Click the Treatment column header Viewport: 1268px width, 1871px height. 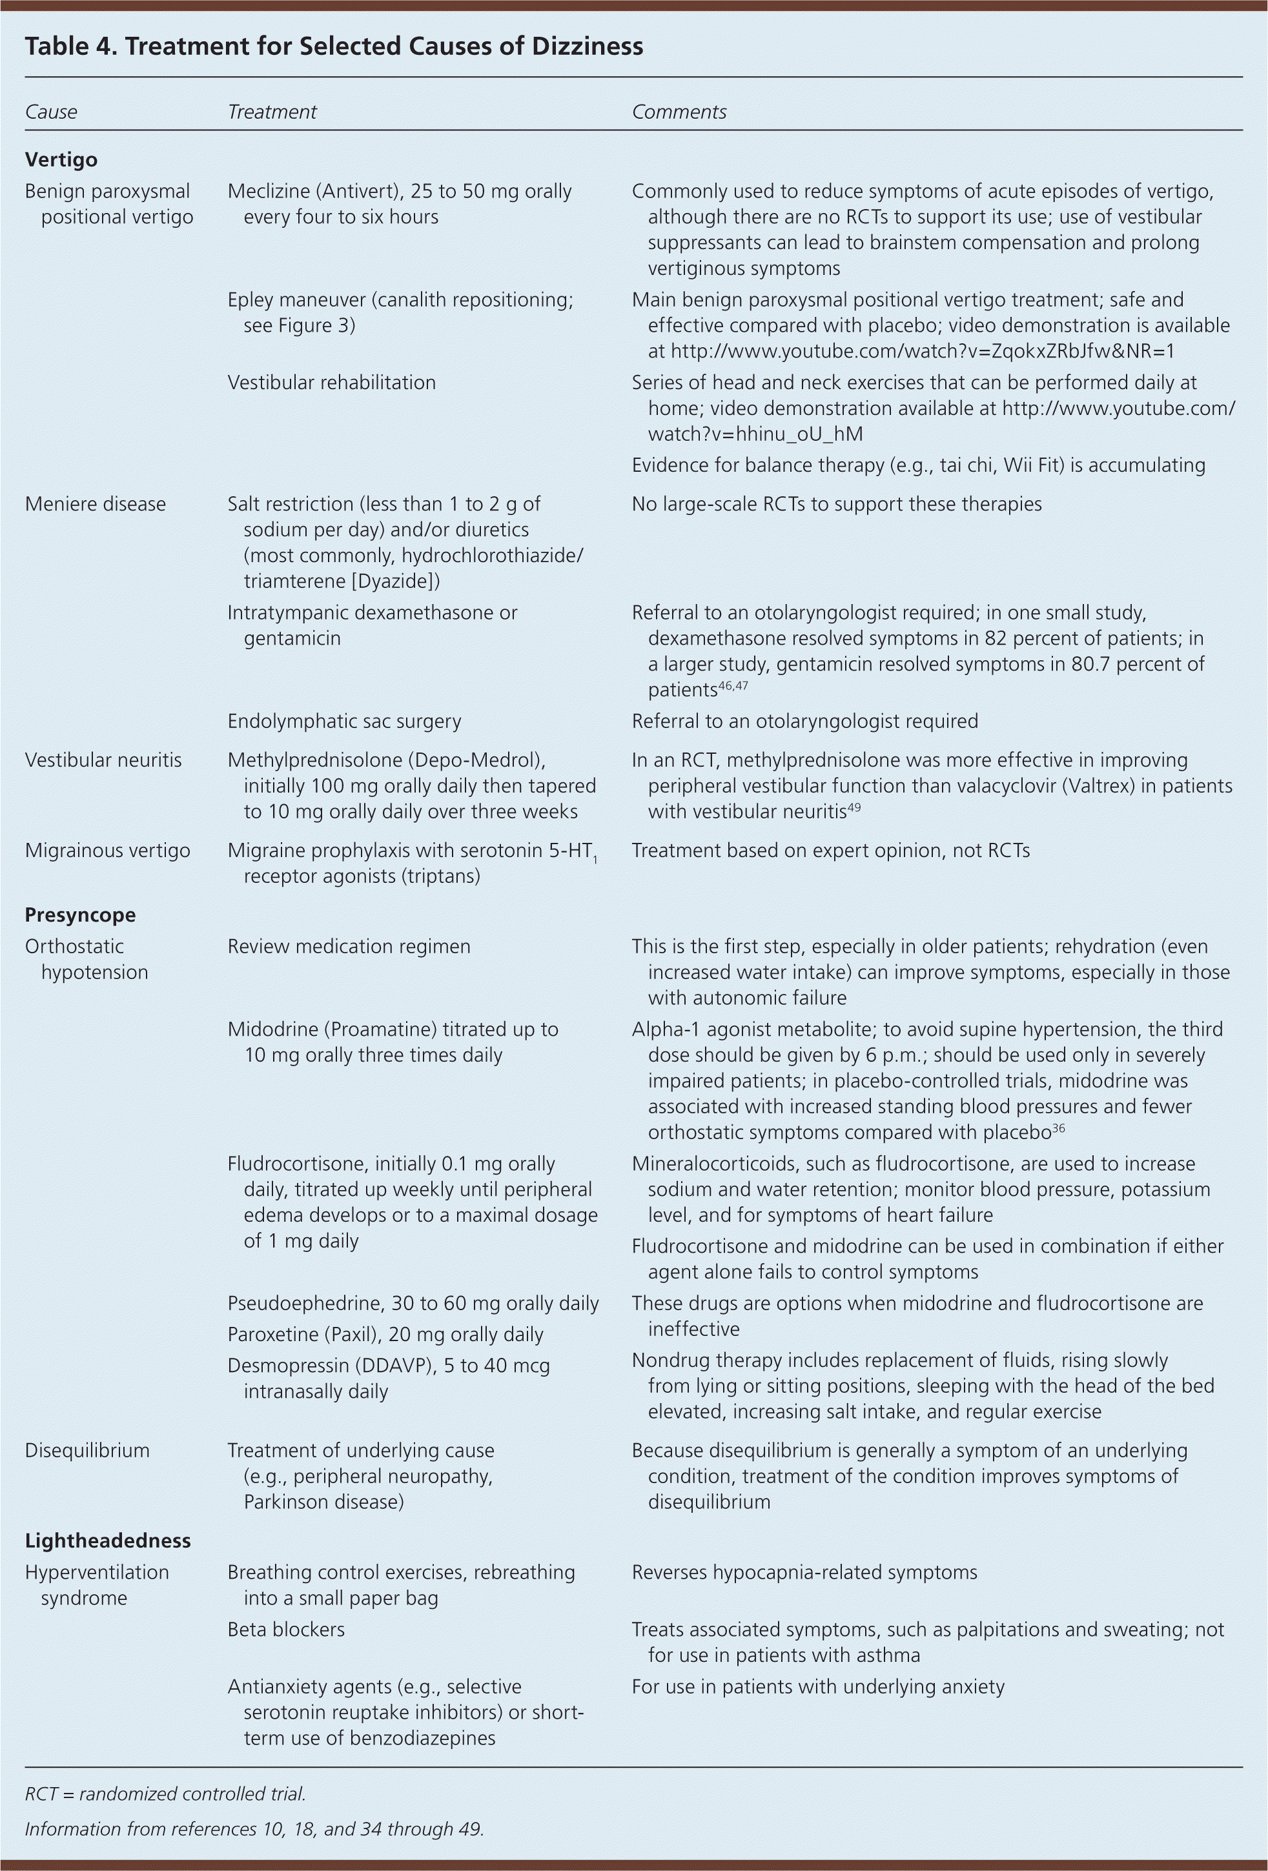[272, 112]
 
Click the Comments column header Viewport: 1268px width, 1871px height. [679, 112]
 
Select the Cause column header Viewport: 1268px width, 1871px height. [51, 112]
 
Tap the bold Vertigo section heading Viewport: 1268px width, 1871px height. [61, 159]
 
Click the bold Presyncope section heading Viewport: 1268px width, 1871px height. [80, 915]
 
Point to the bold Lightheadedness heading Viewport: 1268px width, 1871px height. [107, 1540]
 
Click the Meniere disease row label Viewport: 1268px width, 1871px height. [95, 504]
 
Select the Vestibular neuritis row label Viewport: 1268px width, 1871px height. [103, 760]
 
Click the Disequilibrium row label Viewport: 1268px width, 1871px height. [87, 1450]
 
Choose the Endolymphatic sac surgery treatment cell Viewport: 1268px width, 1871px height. [344, 722]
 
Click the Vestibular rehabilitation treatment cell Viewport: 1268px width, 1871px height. [331, 383]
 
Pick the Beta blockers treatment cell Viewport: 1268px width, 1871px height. [285, 1630]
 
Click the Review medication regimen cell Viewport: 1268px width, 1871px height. [348, 946]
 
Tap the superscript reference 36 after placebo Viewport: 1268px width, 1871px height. [1059, 1128]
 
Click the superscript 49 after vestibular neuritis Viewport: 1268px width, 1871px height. [854, 807]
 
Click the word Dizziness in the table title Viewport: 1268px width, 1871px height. [588, 46]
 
